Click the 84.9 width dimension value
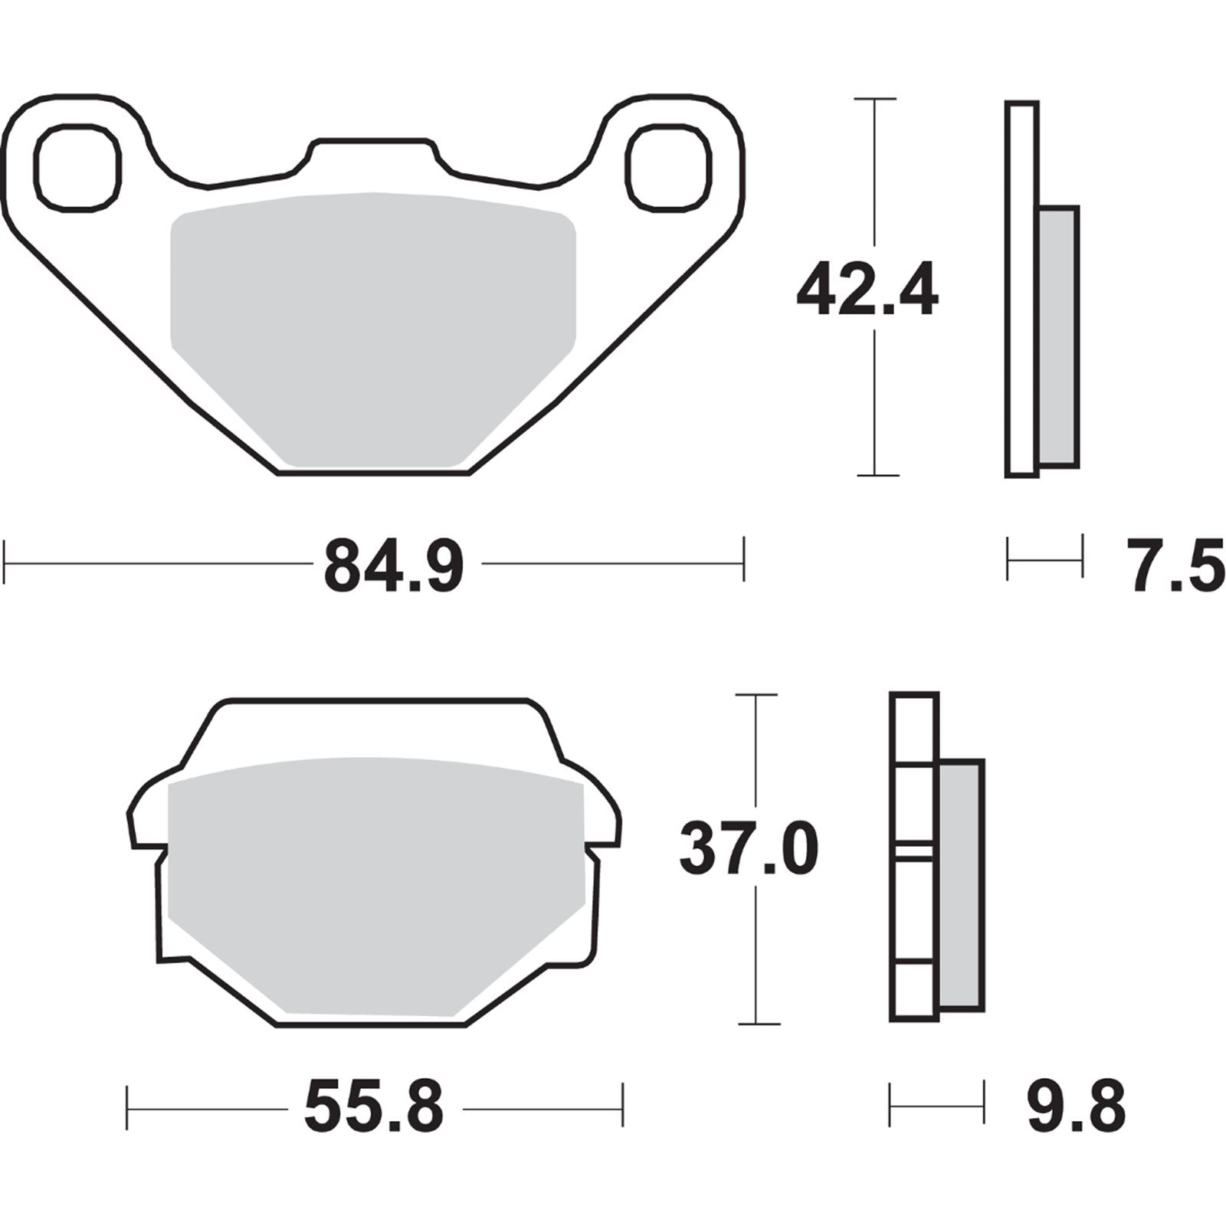tap(394, 565)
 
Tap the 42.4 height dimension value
tap(867, 290)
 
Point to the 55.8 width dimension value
tap(374, 1108)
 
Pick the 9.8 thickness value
tap(1076, 1106)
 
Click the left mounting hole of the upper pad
tap(77, 167)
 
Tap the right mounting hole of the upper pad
tap(668, 167)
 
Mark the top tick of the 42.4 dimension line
tap(874, 99)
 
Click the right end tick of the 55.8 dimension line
tap(622, 1105)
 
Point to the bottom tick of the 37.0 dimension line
tap(758, 1023)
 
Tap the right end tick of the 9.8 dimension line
tap(983, 1104)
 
